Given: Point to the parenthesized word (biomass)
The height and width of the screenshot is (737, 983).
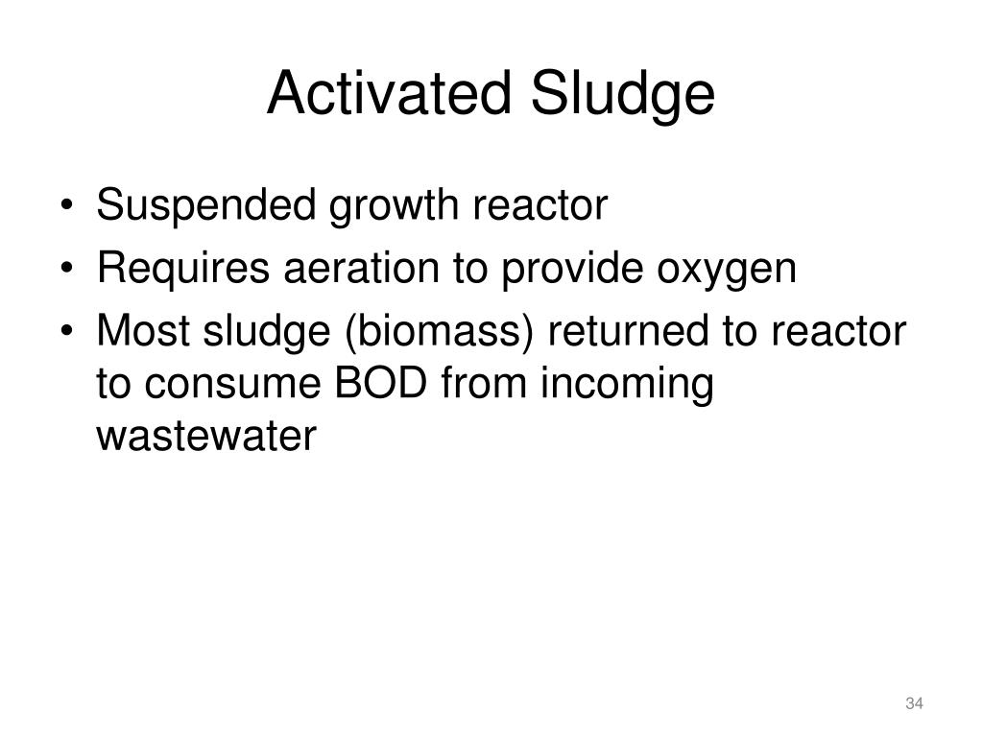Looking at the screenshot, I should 426,334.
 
